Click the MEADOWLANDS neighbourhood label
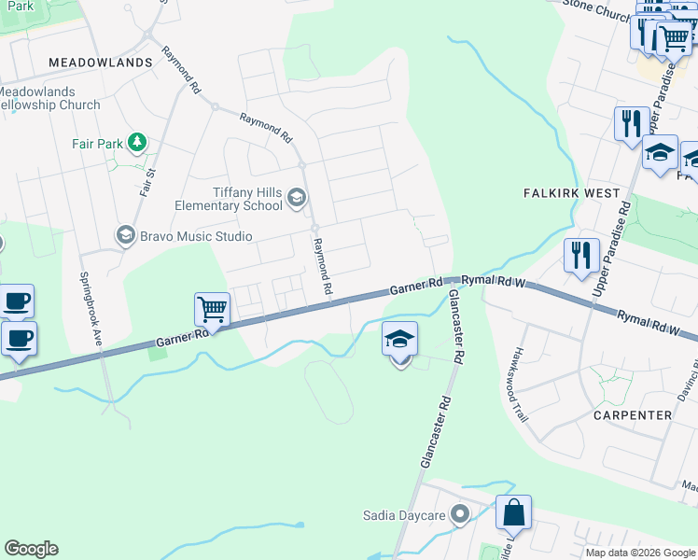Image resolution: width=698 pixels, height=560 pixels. (x=100, y=63)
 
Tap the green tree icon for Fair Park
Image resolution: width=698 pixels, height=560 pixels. (x=137, y=142)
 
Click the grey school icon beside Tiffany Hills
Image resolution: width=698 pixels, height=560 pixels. (x=297, y=196)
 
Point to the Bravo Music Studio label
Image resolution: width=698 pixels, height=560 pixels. (x=196, y=236)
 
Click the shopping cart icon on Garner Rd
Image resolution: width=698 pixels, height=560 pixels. (x=212, y=309)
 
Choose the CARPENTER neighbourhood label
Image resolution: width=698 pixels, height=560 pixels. (x=632, y=414)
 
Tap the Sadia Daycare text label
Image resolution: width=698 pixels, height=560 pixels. (x=405, y=515)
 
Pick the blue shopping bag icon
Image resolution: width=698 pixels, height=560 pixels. (x=513, y=513)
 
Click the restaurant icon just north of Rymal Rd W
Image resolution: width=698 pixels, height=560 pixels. (x=581, y=254)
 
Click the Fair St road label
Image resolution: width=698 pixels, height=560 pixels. (x=147, y=179)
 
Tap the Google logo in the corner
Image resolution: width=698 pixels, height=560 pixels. (x=31, y=549)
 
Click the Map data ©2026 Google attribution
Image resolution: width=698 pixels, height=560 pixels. (x=641, y=553)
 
